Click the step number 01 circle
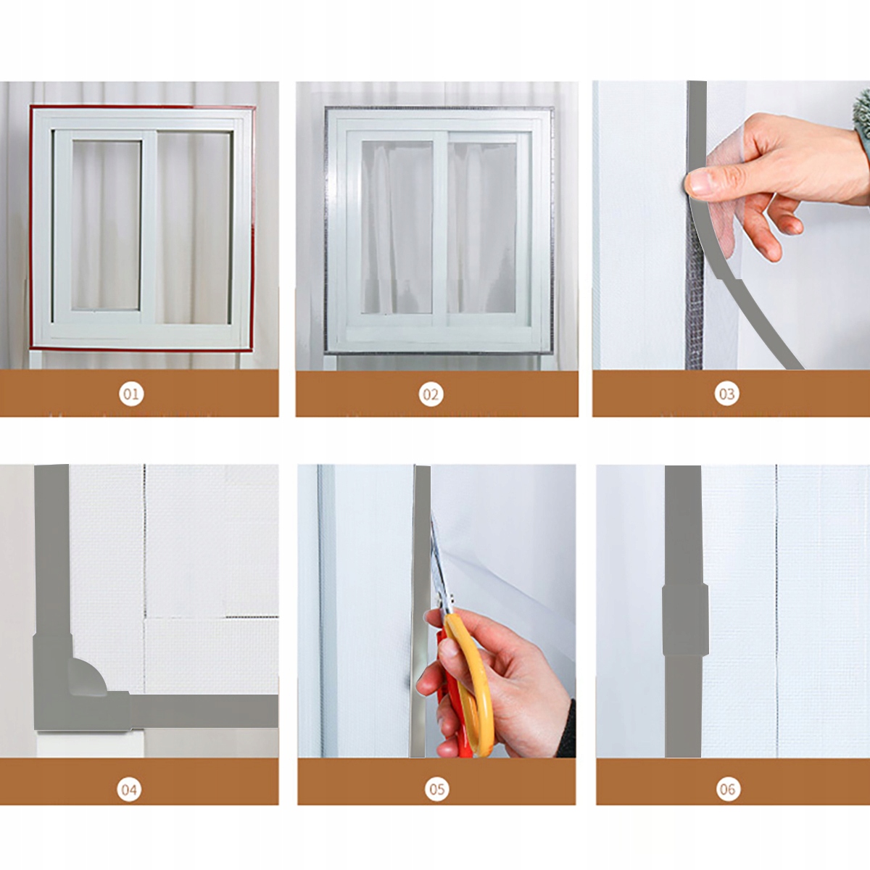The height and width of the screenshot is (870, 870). [x=131, y=394]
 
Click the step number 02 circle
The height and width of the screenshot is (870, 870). [x=431, y=394]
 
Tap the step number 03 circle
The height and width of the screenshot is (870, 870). [x=726, y=394]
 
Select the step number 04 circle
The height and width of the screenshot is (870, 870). [x=129, y=789]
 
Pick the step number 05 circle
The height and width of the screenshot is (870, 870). [x=436, y=789]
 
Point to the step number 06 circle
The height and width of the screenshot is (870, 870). [x=728, y=789]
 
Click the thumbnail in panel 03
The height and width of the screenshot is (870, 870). [x=700, y=181]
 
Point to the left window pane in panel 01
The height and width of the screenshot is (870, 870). [x=107, y=225]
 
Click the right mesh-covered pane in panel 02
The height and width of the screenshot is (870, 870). [x=481, y=228]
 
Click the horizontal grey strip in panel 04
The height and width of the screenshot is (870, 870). [x=203, y=711]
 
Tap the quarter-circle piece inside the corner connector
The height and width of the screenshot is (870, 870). [x=87, y=676]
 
